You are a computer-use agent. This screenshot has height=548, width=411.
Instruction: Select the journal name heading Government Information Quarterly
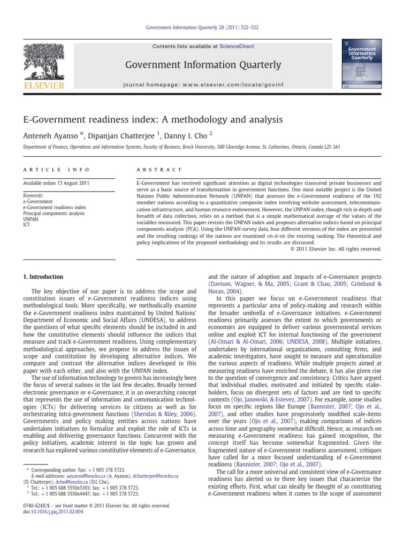click(x=203, y=65)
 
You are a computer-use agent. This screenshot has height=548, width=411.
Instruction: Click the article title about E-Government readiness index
click(x=153, y=119)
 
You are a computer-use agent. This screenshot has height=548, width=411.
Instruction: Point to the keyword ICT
click(x=27, y=225)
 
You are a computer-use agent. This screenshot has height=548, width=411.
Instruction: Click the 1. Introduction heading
click(x=43, y=277)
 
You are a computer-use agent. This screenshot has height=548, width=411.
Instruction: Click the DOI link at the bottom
click(x=59, y=512)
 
